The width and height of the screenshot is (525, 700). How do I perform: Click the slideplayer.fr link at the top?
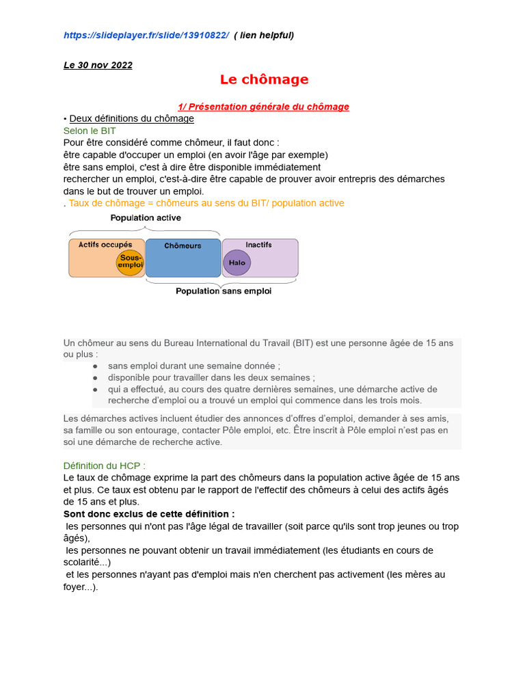[x=146, y=36]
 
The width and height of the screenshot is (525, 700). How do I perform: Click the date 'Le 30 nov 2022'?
[x=98, y=66]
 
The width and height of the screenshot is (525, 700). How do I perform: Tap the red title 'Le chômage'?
[x=264, y=80]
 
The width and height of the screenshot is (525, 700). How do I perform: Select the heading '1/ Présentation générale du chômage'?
[x=263, y=107]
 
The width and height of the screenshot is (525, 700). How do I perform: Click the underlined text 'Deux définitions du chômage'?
[x=131, y=119]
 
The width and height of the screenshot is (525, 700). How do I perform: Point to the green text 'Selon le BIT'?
[x=90, y=131]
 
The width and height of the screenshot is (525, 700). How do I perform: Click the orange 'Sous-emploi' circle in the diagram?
[x=129, y=262]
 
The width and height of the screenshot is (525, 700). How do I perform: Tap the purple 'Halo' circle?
[x=237, y=262]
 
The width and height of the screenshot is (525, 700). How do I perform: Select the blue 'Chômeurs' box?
[x=183, y=258]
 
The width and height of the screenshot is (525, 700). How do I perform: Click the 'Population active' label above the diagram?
[x=146, y=218]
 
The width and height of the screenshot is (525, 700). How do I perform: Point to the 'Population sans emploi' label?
[x=224, y=291]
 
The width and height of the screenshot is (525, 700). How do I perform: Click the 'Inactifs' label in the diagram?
[x=258, y=245]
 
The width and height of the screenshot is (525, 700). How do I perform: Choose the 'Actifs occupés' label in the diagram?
[x=105, y=245]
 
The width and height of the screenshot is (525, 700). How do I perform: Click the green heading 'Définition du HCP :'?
[x=104, y=466]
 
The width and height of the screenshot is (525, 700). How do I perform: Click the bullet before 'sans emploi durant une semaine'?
[x=95, y=366]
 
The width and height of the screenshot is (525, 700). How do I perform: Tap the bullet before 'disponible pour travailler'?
[x=95, y=378]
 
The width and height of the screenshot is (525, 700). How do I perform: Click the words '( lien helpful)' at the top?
[x=264, y=36]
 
